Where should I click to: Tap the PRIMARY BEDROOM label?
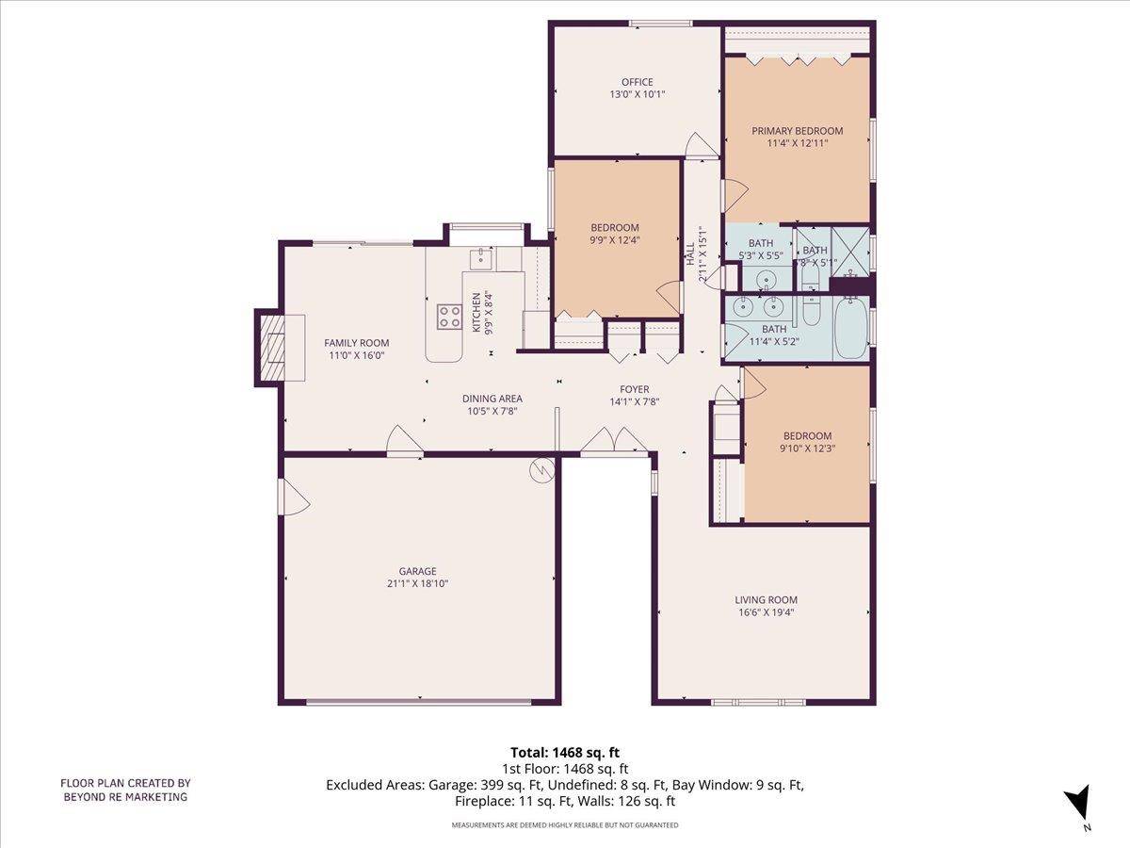click(797, 131)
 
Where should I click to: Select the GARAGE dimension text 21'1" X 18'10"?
click(417, 583)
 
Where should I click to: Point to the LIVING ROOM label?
click(766, 599)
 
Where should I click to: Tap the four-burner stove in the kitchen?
click(449, 317)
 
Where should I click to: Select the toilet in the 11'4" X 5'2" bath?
click(813, 311)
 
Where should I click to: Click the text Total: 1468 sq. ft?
click(565, 752)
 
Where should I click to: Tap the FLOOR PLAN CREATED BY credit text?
click(125, 782)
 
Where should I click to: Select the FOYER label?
click(634, 389)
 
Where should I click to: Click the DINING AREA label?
click(492, 399)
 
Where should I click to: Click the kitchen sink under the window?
click(481, 255)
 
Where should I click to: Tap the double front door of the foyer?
click(613, 442)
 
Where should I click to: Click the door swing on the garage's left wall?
click(293, 497)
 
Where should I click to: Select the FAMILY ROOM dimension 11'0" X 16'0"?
click(356, 356)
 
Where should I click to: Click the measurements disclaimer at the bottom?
click(565, 824)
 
